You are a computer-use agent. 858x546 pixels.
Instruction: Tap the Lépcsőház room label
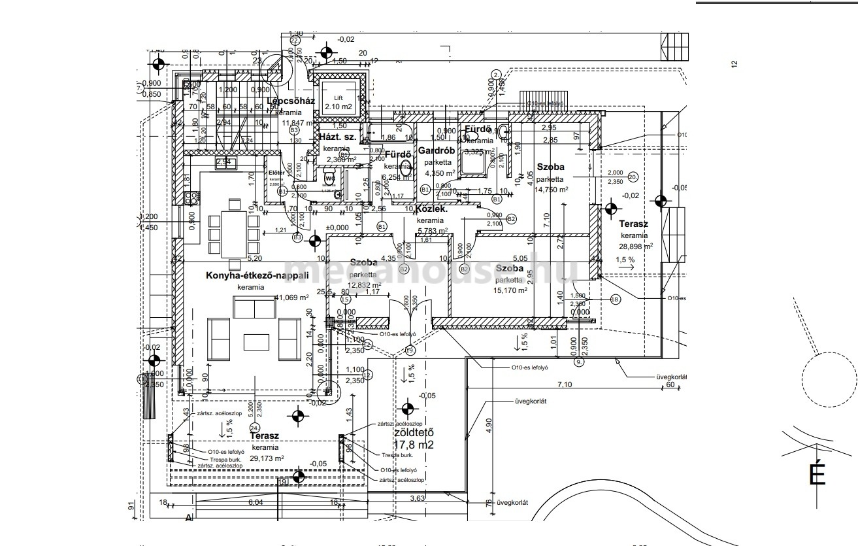(291, 101)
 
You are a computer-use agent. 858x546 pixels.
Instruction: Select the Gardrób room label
(437, 151)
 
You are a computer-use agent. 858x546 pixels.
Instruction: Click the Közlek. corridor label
(432, 209)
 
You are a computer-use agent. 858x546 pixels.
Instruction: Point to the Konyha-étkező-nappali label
(248, 276)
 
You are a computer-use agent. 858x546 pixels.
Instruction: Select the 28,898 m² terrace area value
(637, 247)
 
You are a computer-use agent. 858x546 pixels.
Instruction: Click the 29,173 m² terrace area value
(268, 459)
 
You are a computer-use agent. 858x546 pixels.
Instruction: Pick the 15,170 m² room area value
(511, 290)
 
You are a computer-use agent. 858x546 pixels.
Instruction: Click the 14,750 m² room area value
(552, 190)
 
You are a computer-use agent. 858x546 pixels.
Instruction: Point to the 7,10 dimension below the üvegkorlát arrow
(565, 384)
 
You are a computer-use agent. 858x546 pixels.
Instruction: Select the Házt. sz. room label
(337, 137)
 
